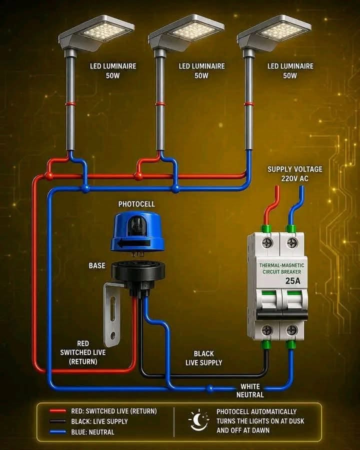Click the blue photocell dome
(x=137, y=232)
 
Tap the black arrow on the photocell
(x=133, y=244)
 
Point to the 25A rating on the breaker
(x=293, y=280)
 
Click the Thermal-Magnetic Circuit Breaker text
(x=281, y=268)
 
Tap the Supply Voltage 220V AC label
(x=295, y=174)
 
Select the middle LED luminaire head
(x=186, y=32)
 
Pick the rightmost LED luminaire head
(x=274, y=32)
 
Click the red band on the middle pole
(x=160, y=104)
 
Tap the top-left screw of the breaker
(x=267, y=243)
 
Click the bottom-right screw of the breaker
(x=291, y=330)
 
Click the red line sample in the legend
(x=57, y=411)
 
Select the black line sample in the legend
(x=57, y=421)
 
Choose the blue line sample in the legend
(x=57, y=431)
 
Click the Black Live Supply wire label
(x=204, y=358)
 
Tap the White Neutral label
(x=250, y=390)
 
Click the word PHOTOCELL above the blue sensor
(x=136, y=204)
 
